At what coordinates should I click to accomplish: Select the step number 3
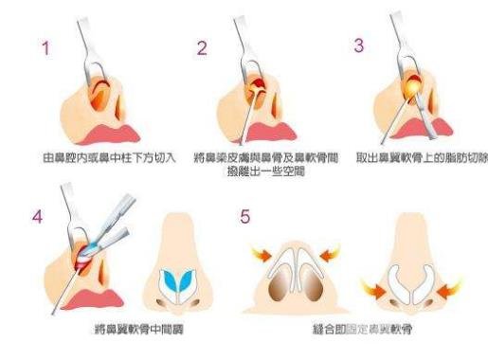(x=356, y=45)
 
